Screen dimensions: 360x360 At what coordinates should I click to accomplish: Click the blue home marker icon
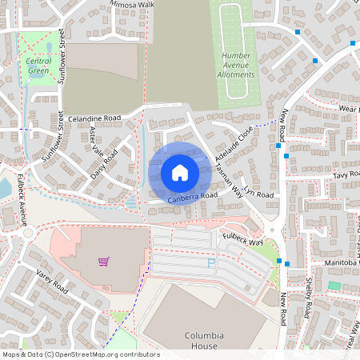pos(180,173)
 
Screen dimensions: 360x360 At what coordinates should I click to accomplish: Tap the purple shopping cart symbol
pos(103,261)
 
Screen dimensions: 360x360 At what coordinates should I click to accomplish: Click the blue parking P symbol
pos(212,262)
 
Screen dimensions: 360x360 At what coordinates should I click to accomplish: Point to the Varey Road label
pos(51,281)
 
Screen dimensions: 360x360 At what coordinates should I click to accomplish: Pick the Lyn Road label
pos(259,194)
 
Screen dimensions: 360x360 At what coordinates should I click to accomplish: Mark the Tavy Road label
pos(346,174)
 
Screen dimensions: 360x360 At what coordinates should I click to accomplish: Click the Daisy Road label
pos(104,164)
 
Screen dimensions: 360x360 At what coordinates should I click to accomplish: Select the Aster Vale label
pos(97,139)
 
